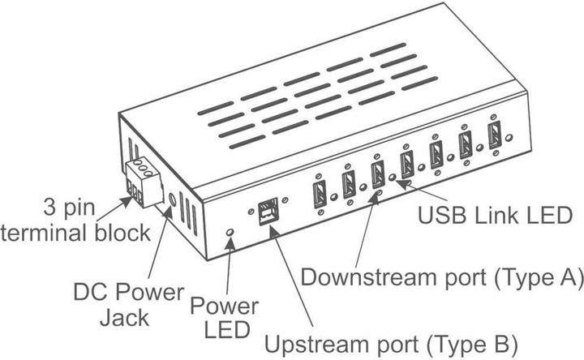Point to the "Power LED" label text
click(225, 319)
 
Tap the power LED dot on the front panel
click(230, 234)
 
